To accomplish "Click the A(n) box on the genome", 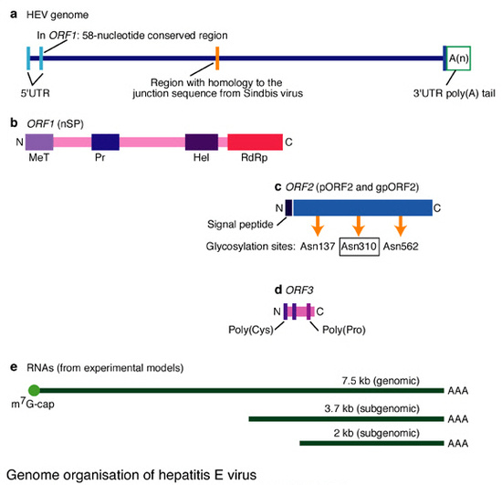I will (459, 58).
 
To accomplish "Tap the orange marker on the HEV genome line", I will (217, 58).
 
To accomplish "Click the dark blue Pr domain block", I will (106, 142).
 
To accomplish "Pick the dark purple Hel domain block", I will (201, 142).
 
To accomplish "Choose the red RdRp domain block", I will (255, 142).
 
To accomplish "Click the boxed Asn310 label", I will (358, 246).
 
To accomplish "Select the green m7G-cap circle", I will (34, 389).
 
